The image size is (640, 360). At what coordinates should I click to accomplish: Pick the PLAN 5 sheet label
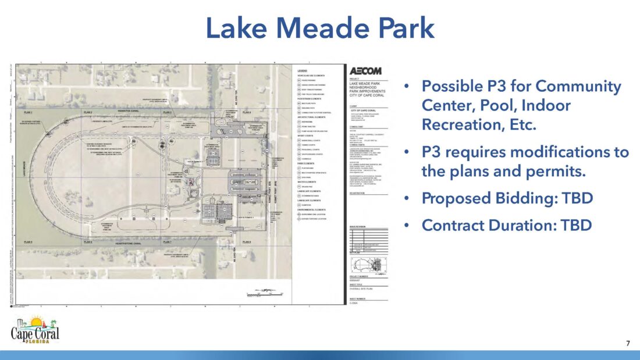(x=28, y=242)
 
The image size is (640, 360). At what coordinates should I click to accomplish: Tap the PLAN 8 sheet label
(x=247, y=242)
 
